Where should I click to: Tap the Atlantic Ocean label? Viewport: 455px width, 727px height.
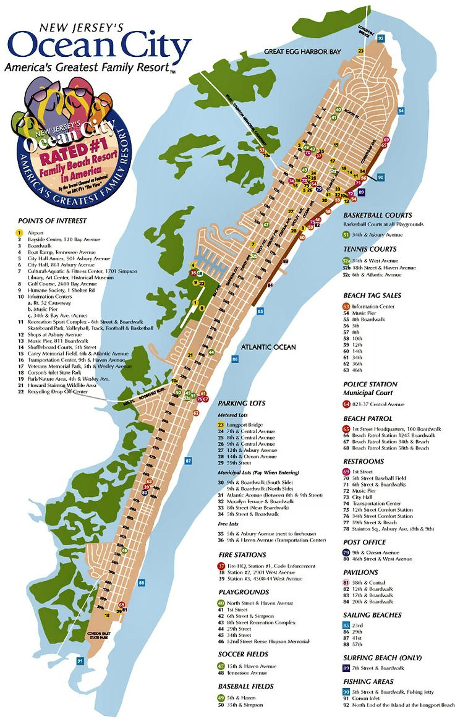[x=269, y=347]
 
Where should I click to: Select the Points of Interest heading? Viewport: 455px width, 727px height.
[x=52, y=220]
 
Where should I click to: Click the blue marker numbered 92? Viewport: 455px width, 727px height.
[x=381, y=38]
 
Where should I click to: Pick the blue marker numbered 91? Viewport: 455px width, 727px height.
[x=80, y=661]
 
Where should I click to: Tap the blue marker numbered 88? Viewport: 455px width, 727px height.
[x=142, y=582]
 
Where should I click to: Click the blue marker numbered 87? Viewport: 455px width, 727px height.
[x=188, y=461]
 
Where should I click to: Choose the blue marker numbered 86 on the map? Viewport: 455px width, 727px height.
[x=235, y=359]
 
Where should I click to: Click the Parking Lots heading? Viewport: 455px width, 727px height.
[x=241, y=403]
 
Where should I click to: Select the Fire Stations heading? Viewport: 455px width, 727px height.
[x=242, y=555]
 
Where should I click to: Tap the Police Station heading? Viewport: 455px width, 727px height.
[x=370, y=384]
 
